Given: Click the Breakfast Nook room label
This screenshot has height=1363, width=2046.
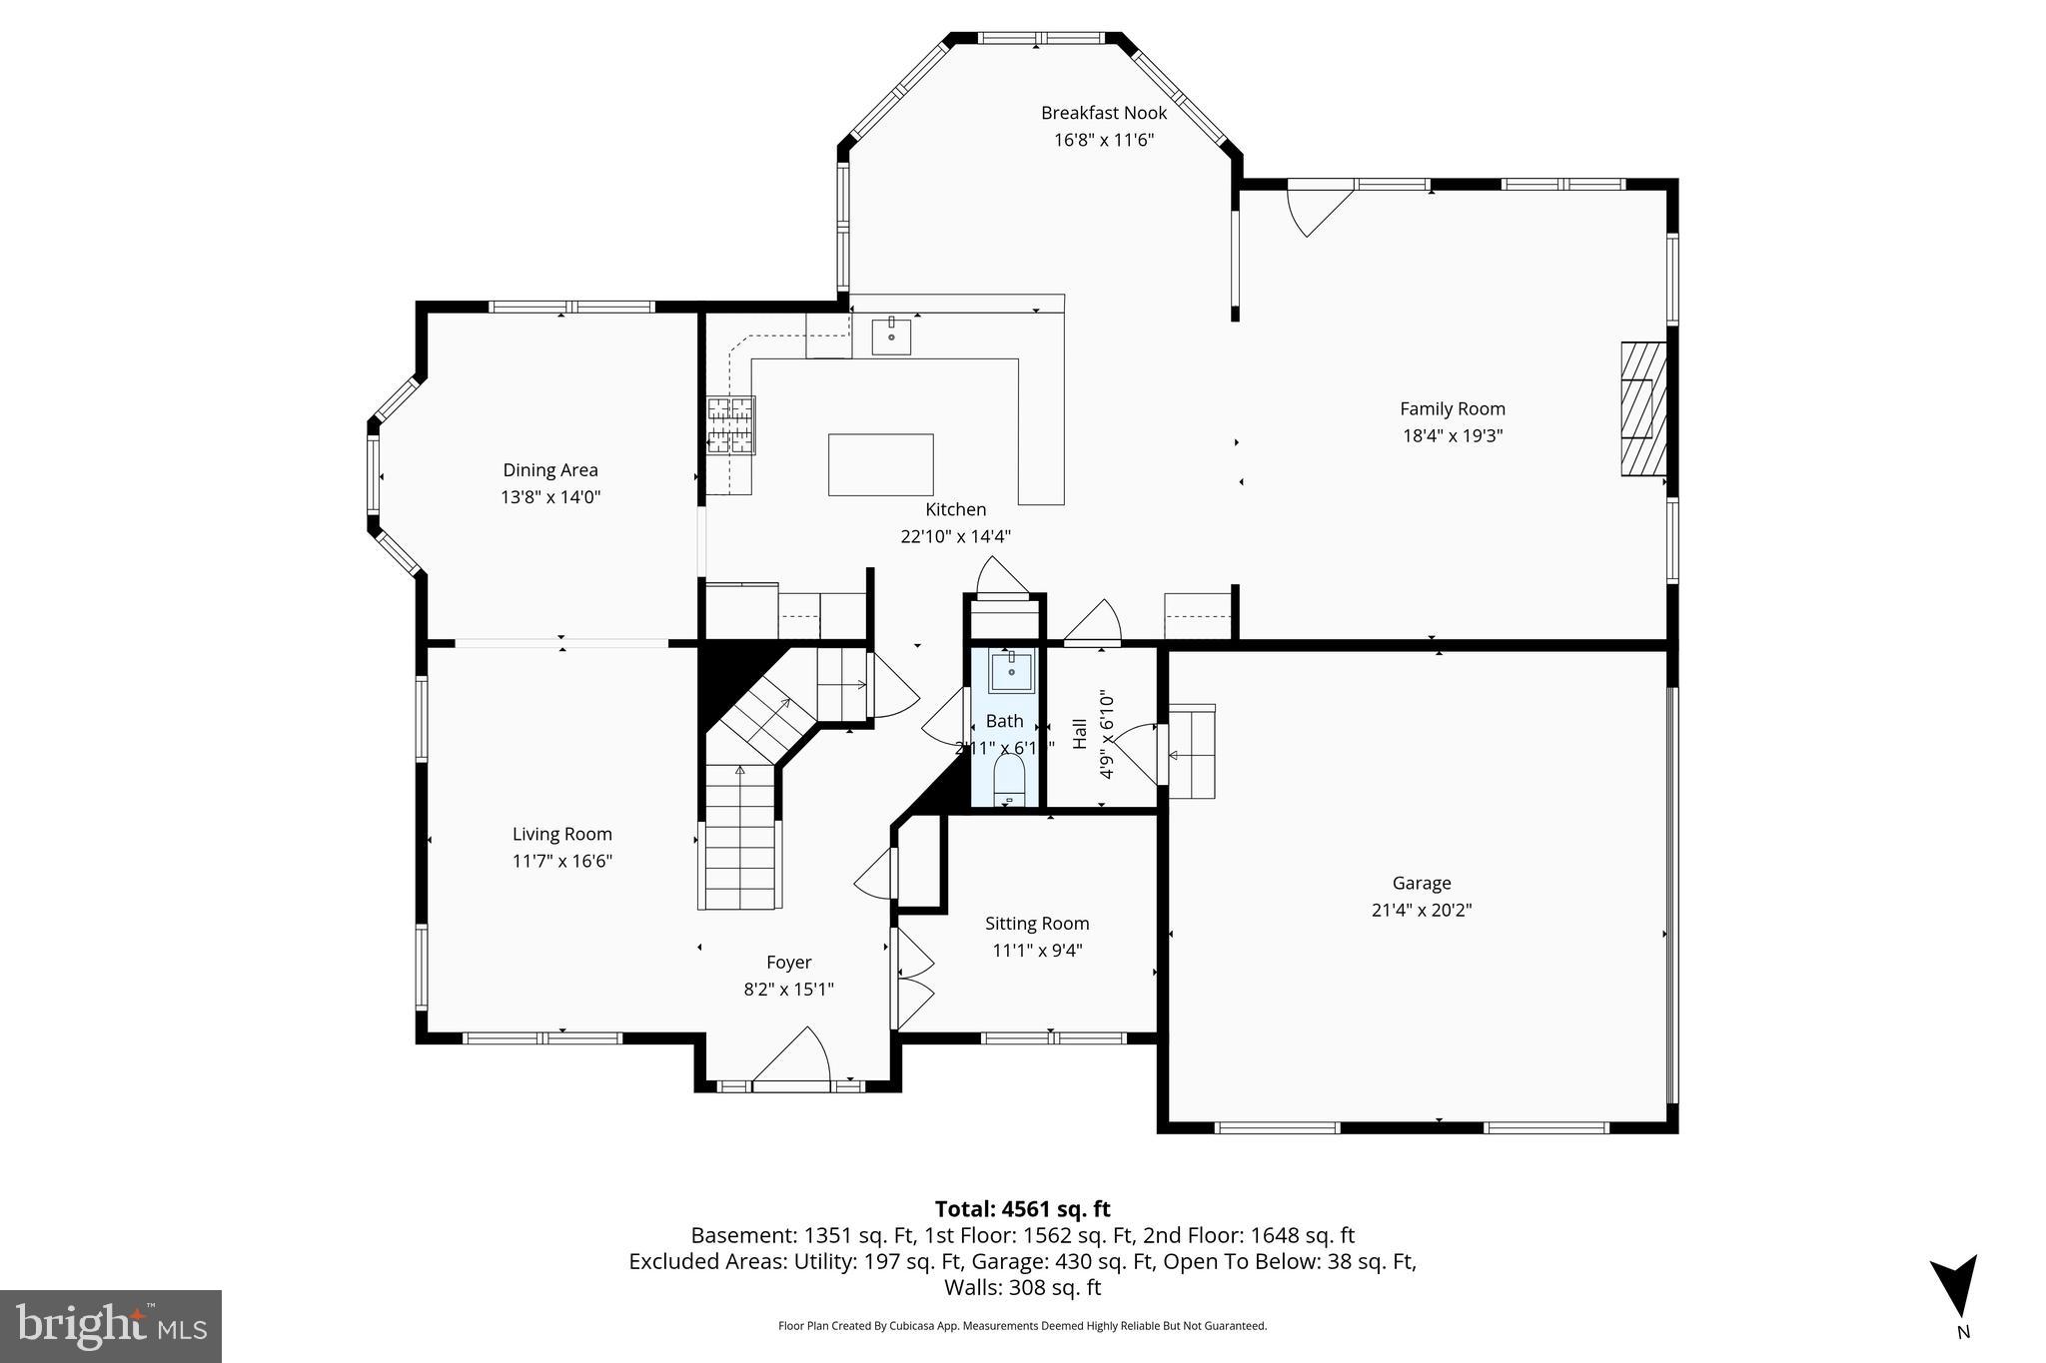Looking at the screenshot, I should click(x=1103, y=113).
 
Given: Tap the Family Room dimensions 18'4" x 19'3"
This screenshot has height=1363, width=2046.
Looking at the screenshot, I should click(x=1452, y=435).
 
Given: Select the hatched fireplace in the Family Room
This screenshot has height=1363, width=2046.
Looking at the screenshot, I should click(x=1642, y=408).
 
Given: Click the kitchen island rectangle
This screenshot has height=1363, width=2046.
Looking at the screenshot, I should click(x=880, y=464).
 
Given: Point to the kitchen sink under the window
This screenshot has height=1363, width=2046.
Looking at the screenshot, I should click(x=891, y=337).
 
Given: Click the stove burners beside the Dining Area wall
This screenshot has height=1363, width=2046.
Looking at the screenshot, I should click(x=731, y=425).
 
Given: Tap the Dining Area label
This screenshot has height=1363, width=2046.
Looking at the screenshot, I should click(x=549, y=470).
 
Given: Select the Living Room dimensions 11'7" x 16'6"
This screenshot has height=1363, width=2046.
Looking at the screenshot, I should click(x=561, y=861).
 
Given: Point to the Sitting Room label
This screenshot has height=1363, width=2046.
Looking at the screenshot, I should click(x=1036, y=924).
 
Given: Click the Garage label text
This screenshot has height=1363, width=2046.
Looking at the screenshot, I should click(x=1421, y=883).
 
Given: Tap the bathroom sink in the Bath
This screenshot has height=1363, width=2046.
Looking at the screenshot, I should click(x=1011, y=671).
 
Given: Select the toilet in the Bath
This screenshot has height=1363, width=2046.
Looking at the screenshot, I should click(x=1010, y=780).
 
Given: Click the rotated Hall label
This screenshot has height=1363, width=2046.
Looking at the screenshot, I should click(x=1080, y=734).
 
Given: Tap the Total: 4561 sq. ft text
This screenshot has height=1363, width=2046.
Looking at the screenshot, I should click(x=1022, y=1209).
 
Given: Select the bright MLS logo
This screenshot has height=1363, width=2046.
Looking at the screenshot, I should click(x=111, y=1326).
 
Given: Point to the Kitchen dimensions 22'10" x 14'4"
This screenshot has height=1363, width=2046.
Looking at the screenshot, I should click(x=955, y=536).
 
